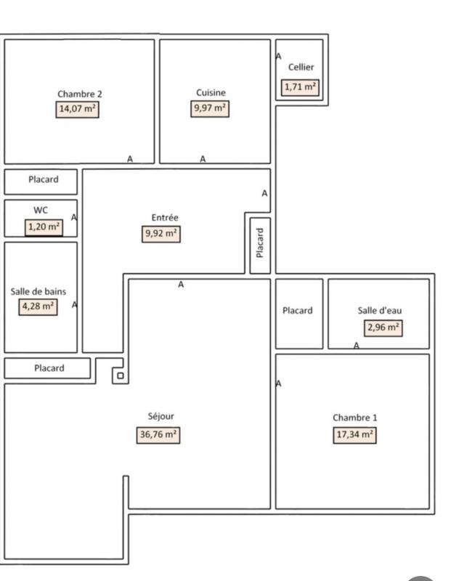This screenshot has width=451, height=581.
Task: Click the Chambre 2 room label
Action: coord(80,94)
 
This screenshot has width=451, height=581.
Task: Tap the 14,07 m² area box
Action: coord(78,110)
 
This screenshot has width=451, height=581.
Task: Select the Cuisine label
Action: coord(211,93)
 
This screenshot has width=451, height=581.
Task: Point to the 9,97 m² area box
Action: coord(210,108)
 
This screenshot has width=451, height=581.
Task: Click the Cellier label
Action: coord(301,67)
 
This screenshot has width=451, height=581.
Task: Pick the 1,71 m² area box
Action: coord(300,87)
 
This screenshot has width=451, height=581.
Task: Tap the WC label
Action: coord(41,210)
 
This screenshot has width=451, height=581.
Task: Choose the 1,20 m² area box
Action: coord(44,227)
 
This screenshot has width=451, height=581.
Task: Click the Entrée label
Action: coord(165,217)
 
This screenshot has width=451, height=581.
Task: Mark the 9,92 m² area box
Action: coord(161,234)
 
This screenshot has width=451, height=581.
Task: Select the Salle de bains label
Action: coord(38,292)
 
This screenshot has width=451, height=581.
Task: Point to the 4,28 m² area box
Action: coord(38,306)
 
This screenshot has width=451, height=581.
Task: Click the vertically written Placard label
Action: coord(260,243)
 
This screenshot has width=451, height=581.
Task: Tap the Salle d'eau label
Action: coord(380,311)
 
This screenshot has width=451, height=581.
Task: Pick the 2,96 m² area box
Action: coord(383,328)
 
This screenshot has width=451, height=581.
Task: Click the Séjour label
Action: coord(161,416)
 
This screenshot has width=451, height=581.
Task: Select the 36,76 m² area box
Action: coord(158,435)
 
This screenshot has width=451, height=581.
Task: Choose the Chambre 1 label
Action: coord(355,418)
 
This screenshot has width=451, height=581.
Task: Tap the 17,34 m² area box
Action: coord(354,435)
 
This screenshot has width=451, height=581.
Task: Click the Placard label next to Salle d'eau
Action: coord(298,311)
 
